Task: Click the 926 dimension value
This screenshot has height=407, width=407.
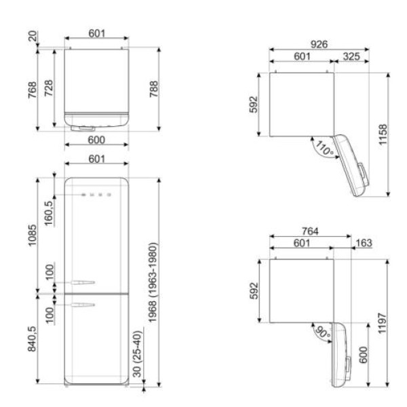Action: click(x=319, y=44)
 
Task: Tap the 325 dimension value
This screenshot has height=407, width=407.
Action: click(x=351, y=56)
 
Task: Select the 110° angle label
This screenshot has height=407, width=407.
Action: click(x=324, y=148)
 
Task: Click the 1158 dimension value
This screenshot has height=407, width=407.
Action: click(x=383, y=134)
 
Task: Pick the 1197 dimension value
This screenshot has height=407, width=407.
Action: click(x=383, y=323)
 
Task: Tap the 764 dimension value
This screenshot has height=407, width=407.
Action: click(x=310, y=231)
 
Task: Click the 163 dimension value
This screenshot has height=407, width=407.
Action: click(x=364, y=243)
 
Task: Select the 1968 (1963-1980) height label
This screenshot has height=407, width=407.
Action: click(x=153, y=282)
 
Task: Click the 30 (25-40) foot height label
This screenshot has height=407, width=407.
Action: click(x=137, y=354)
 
